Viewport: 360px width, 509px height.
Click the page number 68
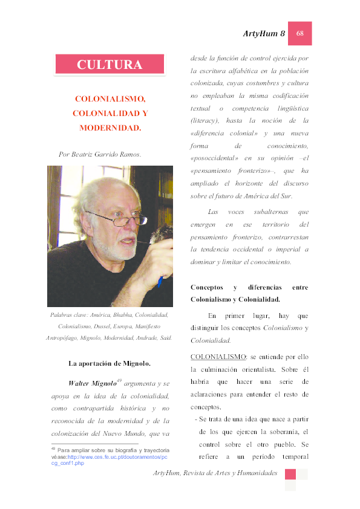coord(299,34)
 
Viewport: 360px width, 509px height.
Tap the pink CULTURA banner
coord(110,65)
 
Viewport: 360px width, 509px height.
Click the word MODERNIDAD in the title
coord(110,128)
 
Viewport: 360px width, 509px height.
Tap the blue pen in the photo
coord(160,282)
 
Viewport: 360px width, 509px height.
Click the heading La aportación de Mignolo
coord(110,363)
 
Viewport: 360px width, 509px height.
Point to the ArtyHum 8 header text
coord(264,34)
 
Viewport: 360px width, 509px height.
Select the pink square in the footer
coord(290,474)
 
